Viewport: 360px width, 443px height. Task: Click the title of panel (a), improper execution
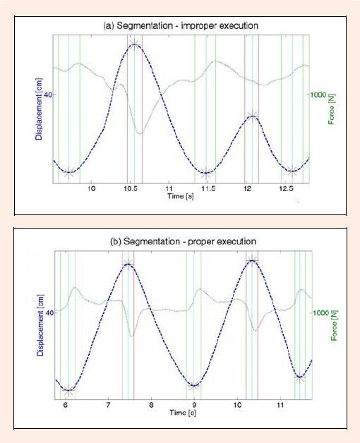(x=181, y=25)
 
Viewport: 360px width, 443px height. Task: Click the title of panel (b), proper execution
(x=184, y=241)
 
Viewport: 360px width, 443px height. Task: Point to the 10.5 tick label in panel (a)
(x=131, y=188)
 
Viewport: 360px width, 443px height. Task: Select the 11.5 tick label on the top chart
(x=208, y=188)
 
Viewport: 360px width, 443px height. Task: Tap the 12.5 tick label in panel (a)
(x=286, y=188)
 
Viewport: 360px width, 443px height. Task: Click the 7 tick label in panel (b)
(x=108, y=405)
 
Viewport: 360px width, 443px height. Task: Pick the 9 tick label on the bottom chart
(x=194, y=405)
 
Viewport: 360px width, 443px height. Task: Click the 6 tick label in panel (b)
(x=66, y=405)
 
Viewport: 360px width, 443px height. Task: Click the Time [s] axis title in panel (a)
(x=181, y=196)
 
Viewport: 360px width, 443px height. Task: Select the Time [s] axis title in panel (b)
(x=183, y=413)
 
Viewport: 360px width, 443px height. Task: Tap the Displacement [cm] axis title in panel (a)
(x=39, y=109)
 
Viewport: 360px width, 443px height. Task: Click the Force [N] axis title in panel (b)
(x=334, y=326)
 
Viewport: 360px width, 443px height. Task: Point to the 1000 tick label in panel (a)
(x=318, y=95)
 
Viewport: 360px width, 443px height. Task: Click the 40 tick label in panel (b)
(x=49, y=313)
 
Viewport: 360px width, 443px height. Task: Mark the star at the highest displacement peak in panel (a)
(x=134, y=44)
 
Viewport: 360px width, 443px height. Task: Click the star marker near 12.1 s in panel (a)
(x=252, y=116)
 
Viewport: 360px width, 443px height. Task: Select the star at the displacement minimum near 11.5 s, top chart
(x=206, y=173)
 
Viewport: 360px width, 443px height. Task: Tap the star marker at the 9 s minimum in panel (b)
(x=193, y=385)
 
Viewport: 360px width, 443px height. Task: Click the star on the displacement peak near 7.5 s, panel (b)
(x=128, y=264)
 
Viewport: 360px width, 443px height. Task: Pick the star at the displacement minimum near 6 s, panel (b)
(x=68, y=391)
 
